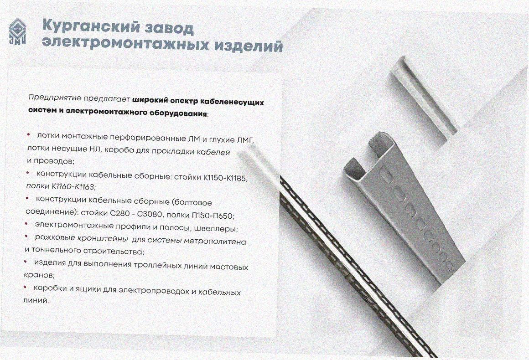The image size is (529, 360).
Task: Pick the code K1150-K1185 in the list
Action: coord(225,178)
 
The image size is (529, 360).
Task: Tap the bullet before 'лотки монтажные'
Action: coord(29,135)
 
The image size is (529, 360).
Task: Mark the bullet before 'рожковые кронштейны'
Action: coord(26,237)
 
